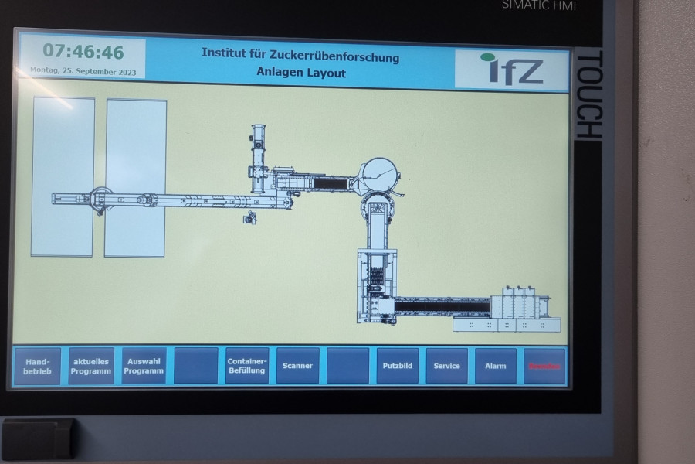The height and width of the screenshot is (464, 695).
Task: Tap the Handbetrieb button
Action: click(36, 366)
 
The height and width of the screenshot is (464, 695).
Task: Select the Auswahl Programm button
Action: click(144, 366)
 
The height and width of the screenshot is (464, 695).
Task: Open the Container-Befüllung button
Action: click(246, 366)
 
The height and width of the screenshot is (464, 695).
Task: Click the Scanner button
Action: click(297, 366)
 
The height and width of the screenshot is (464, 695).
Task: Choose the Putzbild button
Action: click(398, 366)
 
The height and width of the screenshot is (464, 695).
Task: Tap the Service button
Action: click(446, 366)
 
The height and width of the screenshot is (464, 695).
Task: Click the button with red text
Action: click(544, 366)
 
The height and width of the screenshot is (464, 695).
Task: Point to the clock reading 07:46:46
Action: click(83, 52)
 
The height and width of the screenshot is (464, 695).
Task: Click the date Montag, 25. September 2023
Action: click(83, 71)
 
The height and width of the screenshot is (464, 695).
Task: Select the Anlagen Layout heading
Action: click(301, 73)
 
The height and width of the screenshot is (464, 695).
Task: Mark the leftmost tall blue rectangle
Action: click(63, 176)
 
